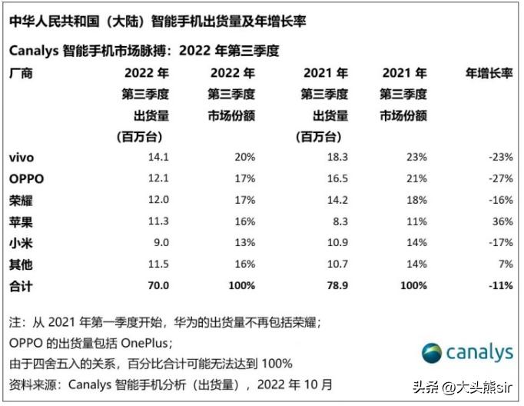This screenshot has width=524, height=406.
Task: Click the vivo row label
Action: (21, 158)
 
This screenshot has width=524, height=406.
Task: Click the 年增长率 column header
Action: (489, 74)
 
